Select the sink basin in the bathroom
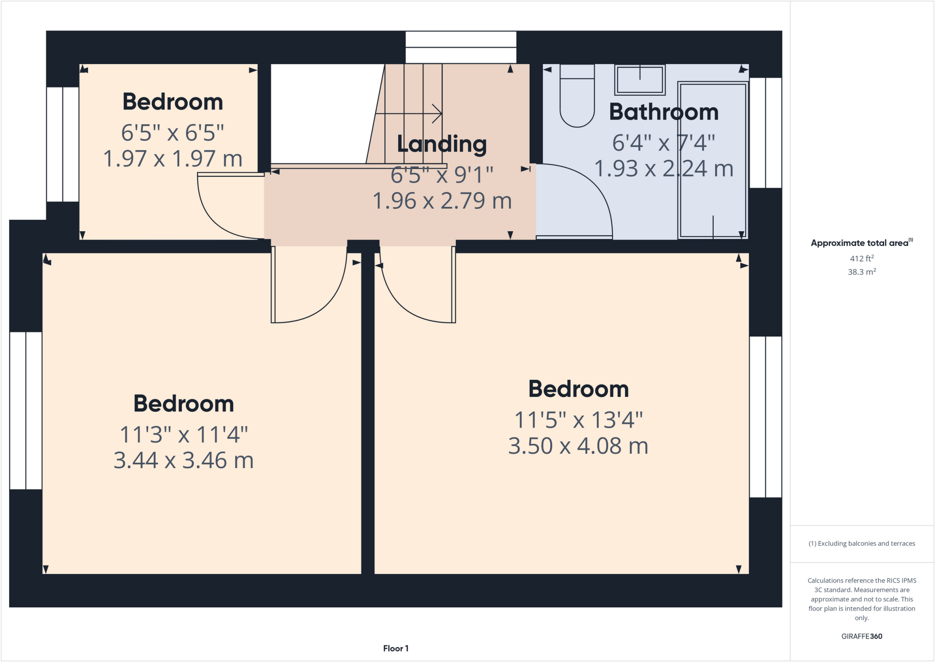coord(640,80)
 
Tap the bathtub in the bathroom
coord(713,160)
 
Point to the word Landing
coord(441,144)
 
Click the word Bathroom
coord(663,112)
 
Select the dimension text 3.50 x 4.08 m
coord(578,446)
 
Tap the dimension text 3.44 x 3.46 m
coord(184,460)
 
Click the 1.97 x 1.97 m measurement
coord(173,159)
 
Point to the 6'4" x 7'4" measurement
coord(663,143)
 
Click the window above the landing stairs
coord(461,47)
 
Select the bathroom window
coord(766,132)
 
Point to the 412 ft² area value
coord(861,259)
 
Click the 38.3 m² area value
coord(861,272)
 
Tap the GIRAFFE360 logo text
coord(861,636)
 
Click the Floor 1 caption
coord(395,648)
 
